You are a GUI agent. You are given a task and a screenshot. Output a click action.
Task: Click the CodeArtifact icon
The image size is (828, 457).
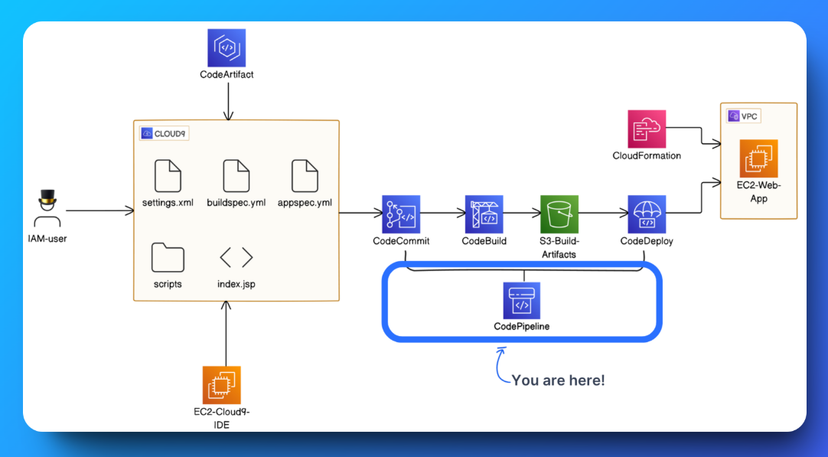(227, 47)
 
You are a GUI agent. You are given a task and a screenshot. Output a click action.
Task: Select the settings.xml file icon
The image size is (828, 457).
(168, 176)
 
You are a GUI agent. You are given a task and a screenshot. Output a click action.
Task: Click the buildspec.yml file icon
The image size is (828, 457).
(236, 176)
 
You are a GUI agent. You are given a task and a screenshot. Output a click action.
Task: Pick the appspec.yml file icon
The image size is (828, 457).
(305, 176)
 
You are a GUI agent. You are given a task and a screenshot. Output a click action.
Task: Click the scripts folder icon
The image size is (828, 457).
(168, 258)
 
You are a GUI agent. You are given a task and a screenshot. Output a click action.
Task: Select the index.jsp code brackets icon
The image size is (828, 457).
(236, 257)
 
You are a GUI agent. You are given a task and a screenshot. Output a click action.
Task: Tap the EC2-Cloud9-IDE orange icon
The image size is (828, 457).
(222, 384)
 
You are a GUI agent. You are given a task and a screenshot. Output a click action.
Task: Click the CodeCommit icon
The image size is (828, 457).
(401, 214)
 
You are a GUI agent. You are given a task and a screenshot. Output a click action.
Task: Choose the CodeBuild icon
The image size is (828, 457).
(484, 214)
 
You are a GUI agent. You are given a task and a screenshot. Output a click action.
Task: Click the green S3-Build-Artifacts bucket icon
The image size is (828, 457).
(559, 214)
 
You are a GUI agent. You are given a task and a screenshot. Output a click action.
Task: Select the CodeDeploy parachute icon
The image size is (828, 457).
(647, 214)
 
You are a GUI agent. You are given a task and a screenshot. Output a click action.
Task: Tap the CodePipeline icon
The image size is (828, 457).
(521, 300)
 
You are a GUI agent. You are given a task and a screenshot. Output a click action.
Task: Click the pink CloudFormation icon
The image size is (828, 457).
(647, 128)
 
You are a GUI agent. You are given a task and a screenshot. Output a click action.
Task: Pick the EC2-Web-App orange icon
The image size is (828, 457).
(758, 158)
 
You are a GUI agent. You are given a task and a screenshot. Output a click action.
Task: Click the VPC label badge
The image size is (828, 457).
(744, 116)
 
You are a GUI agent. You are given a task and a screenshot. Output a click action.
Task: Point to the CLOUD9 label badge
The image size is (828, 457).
(164, 133)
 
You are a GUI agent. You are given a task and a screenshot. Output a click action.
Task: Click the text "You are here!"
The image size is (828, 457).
(558, 380)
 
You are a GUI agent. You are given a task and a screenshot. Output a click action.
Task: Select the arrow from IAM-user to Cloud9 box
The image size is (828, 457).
(99, 211)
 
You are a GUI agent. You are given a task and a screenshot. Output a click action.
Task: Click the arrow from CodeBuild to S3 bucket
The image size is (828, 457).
(520, 214)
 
